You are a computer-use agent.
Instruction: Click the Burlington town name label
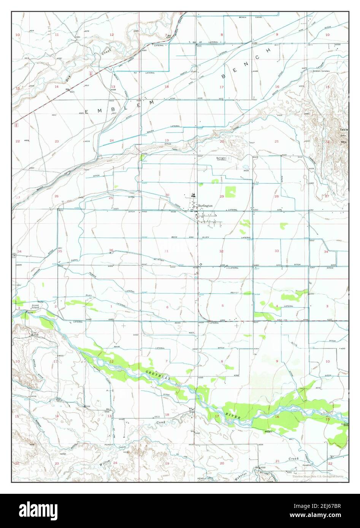pyautogui.click(x=205, y=206)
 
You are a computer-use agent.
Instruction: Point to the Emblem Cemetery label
pyautogui.click(x=321, y=71)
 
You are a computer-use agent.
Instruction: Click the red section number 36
pyautogui.click(x=111, y=250)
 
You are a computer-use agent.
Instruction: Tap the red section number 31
pyautogui.click(x=166, y=251)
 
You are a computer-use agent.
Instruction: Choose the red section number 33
pyautogui.click(x=277, y=251)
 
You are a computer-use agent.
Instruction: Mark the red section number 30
pyautogui.click(x=167, y=195)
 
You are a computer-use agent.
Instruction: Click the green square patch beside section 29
pyautogui.click(x=231, y=192)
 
